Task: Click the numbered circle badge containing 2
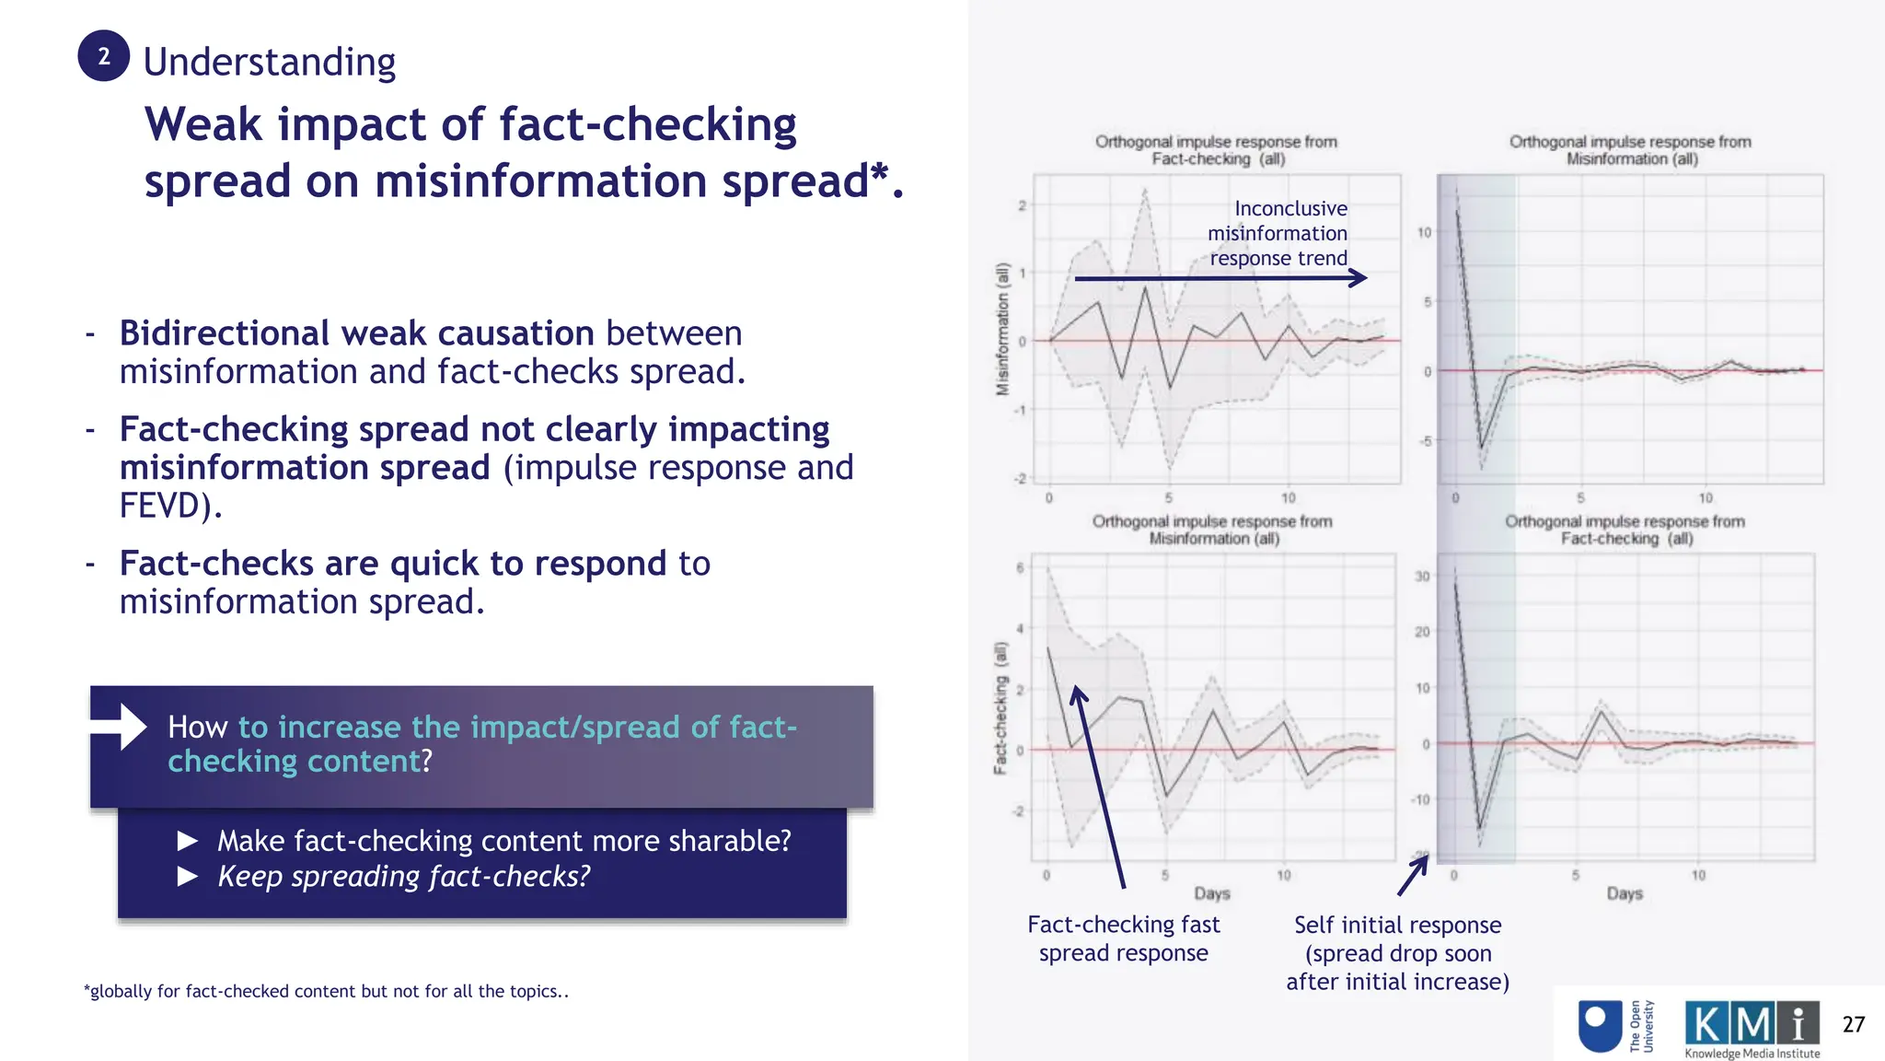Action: (103, 56)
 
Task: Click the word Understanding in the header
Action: (269, 63)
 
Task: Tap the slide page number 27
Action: (1853, 1024)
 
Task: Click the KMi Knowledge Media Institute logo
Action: (1752, 1029)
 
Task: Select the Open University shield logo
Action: (1601, 1026)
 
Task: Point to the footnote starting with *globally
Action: (326, 991)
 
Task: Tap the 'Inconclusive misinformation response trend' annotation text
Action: (1278, 233)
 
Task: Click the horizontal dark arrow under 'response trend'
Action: (1220, 278)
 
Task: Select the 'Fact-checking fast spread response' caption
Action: (1123, 939)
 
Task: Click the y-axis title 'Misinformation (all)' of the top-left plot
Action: (1002, 329)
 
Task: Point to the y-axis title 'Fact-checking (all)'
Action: (1000, 707)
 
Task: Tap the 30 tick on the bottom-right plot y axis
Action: (1422, 577)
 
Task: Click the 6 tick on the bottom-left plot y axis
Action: (1020, 568)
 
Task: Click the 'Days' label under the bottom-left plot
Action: (1211, 893)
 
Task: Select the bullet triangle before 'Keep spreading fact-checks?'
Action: (188, 876)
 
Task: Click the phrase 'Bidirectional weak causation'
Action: (356, 332)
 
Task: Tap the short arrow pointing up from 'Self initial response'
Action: (1413, 875)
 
